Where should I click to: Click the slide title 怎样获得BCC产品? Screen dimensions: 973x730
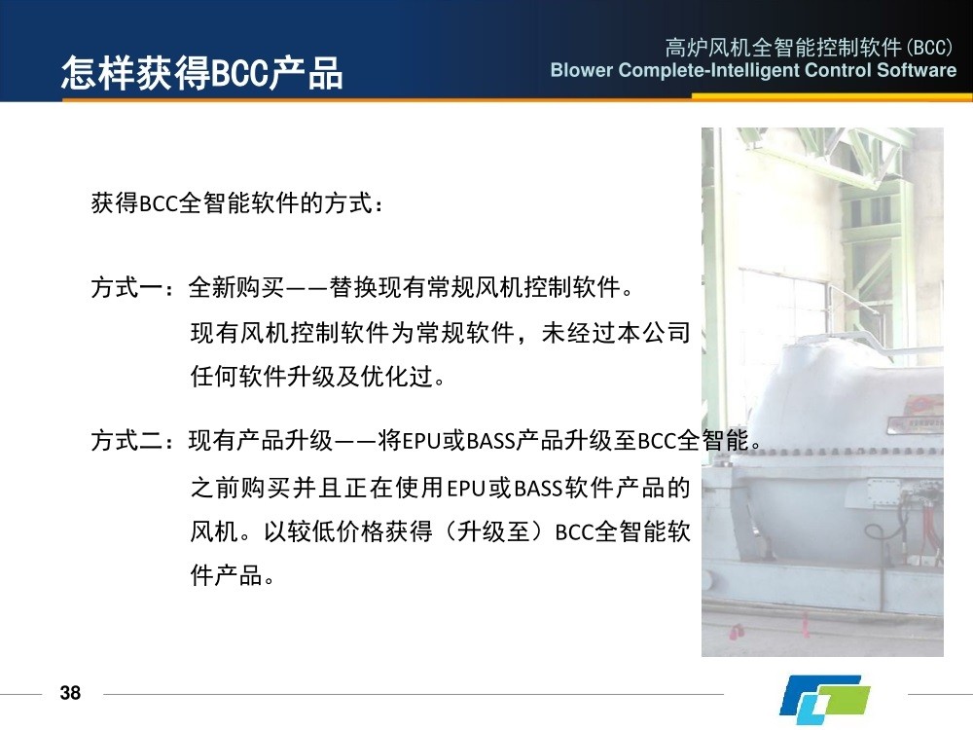tap(201, 73)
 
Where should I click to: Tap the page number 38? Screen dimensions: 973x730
tap(70, 693)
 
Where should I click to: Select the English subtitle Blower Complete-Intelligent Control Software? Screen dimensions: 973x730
tap(753, 70)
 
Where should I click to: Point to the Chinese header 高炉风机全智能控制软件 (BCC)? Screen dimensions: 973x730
tap(809, 47)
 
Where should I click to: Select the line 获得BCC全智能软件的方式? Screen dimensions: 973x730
tap(233, 203)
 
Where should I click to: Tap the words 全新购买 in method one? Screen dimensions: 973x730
tap(236, 287)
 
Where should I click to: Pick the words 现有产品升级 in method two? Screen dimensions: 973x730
tap(261, 441)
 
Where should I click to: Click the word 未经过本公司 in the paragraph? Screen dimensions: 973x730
tap(616, 333)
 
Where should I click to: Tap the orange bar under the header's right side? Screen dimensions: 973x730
tap(832, 96)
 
